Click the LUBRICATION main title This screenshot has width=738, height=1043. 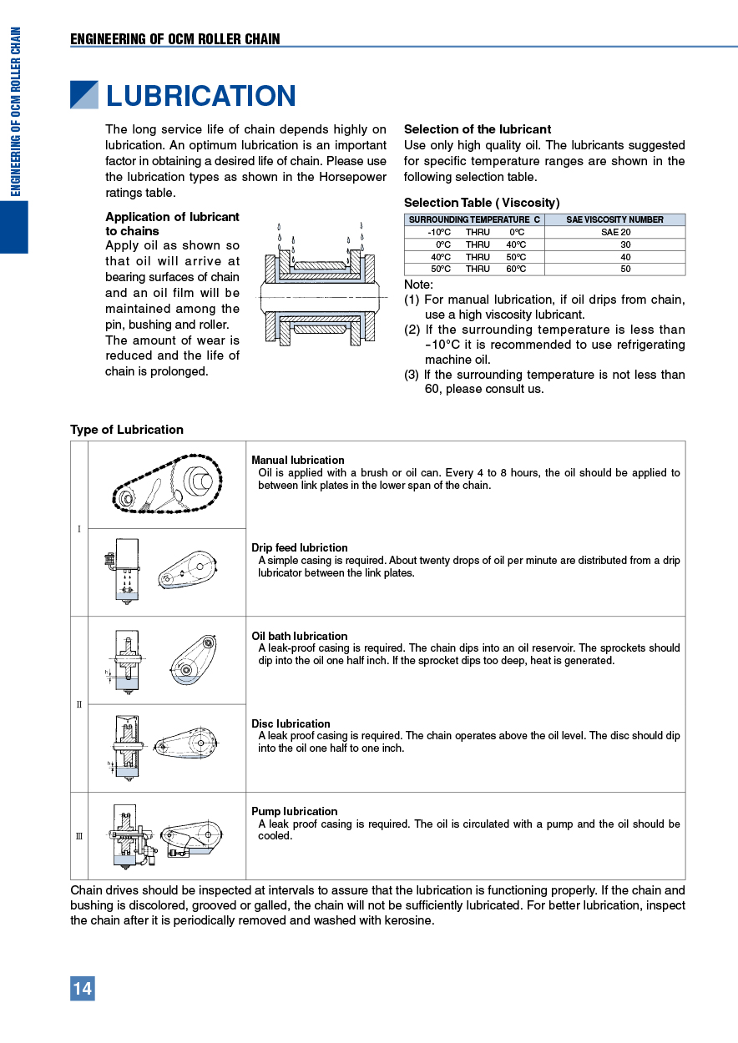tap(200, 96)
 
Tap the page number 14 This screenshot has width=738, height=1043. tap(83, 989)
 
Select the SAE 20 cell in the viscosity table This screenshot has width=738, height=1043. tap(615, 232)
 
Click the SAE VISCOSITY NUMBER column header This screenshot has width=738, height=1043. tap(614, 219)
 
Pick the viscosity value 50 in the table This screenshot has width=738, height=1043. tap(625, 270)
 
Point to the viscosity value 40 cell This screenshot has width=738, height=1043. tap(625, 257)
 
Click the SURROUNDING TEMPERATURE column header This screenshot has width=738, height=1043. tap(474, 219)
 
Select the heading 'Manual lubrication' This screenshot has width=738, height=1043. tap(298, 460)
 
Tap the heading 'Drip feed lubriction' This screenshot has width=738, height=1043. tap(300, 547)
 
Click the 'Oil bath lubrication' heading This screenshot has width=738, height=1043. tap(300, 636)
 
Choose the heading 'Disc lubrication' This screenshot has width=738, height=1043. tap(291, 723)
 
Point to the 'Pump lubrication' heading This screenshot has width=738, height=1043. tap(295, 811)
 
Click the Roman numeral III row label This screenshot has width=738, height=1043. tap(79, 836)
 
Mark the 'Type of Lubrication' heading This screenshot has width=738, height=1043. tap(127, 430)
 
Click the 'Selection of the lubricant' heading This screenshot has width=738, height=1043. tap(478, 129)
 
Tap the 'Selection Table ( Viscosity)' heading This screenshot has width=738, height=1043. tap(482, 203)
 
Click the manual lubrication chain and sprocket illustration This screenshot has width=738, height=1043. tap(167, 483)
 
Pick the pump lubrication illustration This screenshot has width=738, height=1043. tap(167, 835)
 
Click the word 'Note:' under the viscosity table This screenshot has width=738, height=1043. tap(418, 285)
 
